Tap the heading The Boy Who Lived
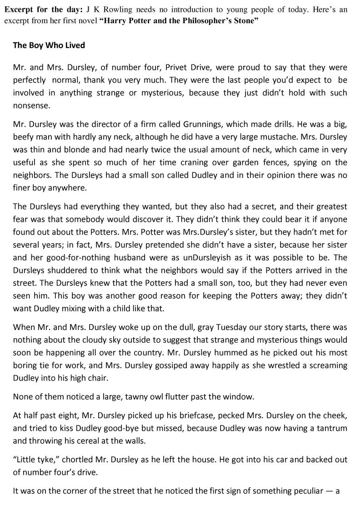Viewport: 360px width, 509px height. [49, 45]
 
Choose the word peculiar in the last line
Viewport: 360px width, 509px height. [305, 491]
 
